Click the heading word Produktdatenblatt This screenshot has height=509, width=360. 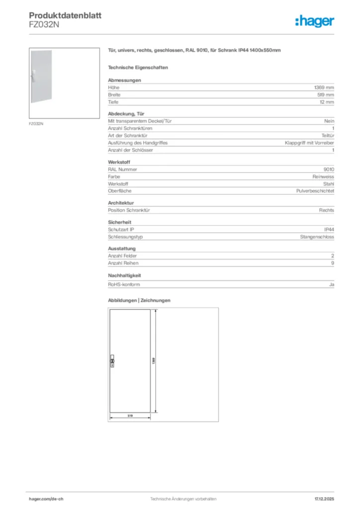(65, 16)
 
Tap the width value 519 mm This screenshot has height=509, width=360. (326, 94)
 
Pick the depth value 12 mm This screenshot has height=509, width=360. (327, 102)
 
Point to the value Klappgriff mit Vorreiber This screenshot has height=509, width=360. (309, 143)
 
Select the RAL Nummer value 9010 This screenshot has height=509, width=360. (329, 169)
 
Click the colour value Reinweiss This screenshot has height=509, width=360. (323, 176)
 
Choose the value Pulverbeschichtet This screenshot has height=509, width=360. (315, 191)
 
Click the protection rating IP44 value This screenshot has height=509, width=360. (329, 230)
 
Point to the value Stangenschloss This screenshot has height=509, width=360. (317, 237)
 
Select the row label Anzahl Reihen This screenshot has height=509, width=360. (123, 263)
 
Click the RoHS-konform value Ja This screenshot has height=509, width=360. (332, 284)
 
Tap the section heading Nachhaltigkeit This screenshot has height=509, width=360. (125, 275)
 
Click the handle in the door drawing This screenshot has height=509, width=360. (112, 361)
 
